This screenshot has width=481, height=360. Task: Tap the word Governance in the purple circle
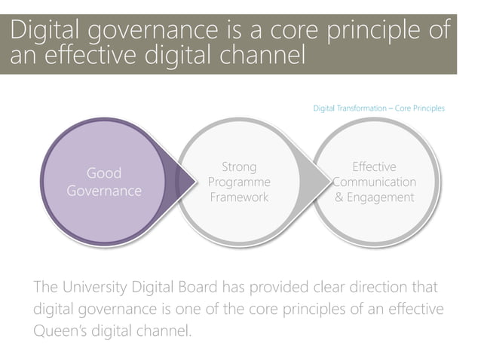(x=104, y=191)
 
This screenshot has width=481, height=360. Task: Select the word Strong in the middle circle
(x=239, y=167)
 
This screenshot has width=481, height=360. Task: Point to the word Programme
(x=239, y=182)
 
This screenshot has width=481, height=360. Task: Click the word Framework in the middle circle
(x=239, y=197)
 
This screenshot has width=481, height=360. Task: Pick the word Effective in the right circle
(x=374, y=167)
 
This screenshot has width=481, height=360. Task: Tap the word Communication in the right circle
(x=374, y=182)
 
